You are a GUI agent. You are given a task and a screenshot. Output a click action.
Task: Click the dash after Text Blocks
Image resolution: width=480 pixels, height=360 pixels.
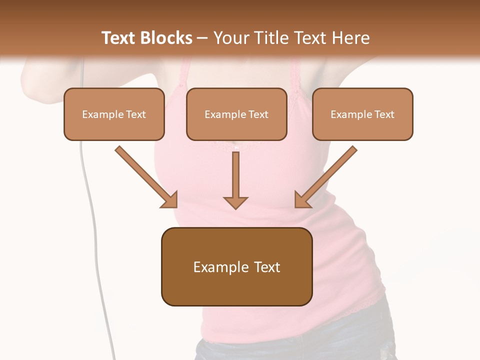click(203, 38)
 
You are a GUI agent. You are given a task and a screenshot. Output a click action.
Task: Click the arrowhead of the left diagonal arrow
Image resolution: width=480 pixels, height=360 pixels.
click(170, 200)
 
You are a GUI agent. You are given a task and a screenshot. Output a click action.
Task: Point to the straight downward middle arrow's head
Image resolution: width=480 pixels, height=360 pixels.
click(235, 202)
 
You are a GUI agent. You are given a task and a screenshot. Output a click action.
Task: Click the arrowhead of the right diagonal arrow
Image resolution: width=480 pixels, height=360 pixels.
click(302, 200)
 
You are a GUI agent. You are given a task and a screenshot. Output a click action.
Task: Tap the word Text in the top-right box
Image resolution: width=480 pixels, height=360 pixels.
click(384, 114)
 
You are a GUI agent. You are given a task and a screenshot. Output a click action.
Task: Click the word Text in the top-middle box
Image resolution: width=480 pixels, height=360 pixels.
click(258, 114)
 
